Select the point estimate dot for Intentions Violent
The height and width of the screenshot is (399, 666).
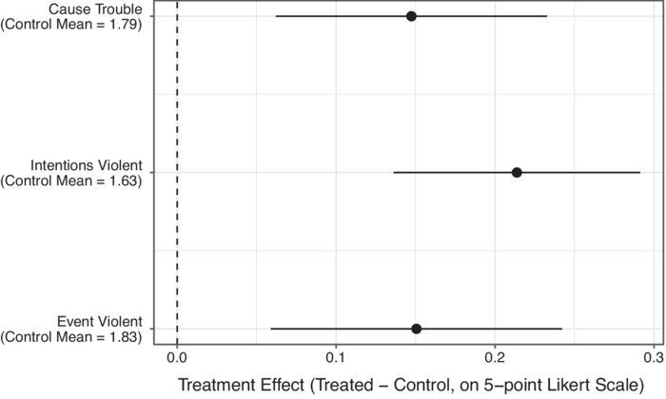click(517, 172)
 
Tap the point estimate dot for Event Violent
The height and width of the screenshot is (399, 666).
click(417, 329)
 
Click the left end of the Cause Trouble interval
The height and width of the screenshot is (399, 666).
click(276, 16)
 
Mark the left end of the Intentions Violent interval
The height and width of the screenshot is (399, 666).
click(394, 172)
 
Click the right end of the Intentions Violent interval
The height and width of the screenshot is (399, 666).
click(639, 172)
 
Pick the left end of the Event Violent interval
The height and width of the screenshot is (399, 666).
click(271, 329)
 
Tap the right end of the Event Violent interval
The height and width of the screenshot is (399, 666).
click(562, 329)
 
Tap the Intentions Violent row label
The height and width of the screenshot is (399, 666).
click(87, 165)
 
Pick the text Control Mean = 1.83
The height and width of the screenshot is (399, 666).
click(74, 336)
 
